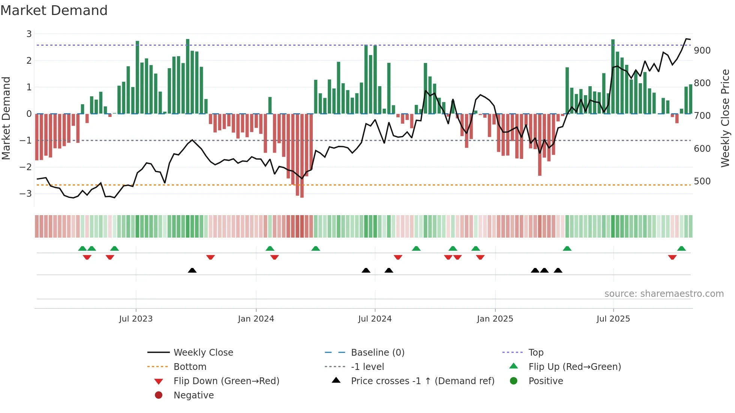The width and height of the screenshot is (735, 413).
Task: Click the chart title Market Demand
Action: tap(54, 10)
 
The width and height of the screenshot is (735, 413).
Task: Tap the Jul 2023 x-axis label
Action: tap(136, 319)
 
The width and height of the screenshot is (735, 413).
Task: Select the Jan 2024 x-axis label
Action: tap(256, 319)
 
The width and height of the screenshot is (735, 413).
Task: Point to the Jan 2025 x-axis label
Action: tap(495, 319)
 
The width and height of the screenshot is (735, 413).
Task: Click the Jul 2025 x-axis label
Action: tap(613, 319)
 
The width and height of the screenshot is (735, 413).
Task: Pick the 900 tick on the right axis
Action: tap(702, 51)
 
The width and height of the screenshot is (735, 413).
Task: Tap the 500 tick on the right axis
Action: tap(702, 181)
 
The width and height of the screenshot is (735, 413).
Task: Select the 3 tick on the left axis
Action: tap(29, 34)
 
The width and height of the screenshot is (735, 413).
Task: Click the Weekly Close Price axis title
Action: tap(725, 118)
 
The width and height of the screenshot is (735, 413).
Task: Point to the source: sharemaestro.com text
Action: tap(664, 294)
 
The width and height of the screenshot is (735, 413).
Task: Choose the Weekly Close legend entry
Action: tap(203, 353)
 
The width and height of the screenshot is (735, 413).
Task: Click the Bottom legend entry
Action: tap(190, 367)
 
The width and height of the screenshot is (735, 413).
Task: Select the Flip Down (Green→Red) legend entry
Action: tap(226, 381)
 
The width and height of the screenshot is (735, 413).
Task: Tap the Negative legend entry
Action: tap(193, 395)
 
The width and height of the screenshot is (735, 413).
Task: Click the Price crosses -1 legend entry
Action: tap(423, 381)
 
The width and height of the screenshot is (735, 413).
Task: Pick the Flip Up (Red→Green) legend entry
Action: tap(574, 367)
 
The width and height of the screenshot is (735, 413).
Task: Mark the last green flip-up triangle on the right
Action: tap(681, 248)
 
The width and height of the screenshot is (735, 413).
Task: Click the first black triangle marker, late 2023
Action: tap(192, 270)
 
